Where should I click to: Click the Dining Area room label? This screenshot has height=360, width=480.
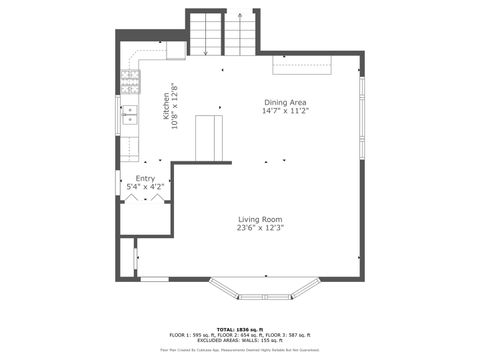(284, 102)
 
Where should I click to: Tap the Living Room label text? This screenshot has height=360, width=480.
(260, 219)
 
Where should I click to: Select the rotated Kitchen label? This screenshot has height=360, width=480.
(166, 106)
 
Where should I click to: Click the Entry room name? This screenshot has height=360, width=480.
(145, 179)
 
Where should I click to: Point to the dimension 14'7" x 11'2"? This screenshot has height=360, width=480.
(284, 111)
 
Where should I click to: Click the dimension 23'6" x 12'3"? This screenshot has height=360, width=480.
(260, 228)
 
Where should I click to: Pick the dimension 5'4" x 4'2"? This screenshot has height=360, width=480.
(145, 187)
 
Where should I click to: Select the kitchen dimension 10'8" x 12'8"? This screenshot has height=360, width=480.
(174, 106)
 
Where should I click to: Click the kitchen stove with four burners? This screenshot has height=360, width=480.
(129, 79)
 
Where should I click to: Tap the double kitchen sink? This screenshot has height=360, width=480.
(129, 116)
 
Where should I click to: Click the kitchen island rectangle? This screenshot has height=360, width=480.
(210, 138)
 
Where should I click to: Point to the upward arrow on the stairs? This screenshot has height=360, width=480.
(242, 17)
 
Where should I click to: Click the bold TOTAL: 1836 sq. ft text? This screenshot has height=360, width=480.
(240, 328)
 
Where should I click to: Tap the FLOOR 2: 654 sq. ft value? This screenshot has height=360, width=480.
(240, 335)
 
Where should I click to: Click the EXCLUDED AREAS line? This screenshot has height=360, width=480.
(240, 341)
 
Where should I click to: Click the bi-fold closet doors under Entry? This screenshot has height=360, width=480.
(144, 199)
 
